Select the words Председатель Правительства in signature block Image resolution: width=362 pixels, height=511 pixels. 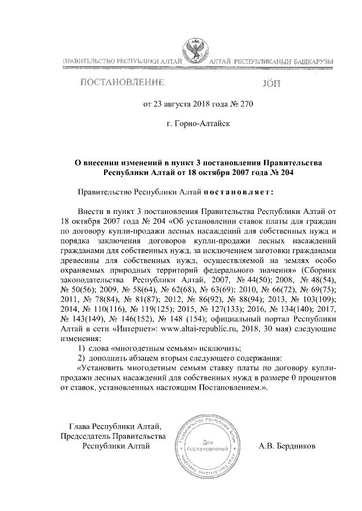point(113,436)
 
